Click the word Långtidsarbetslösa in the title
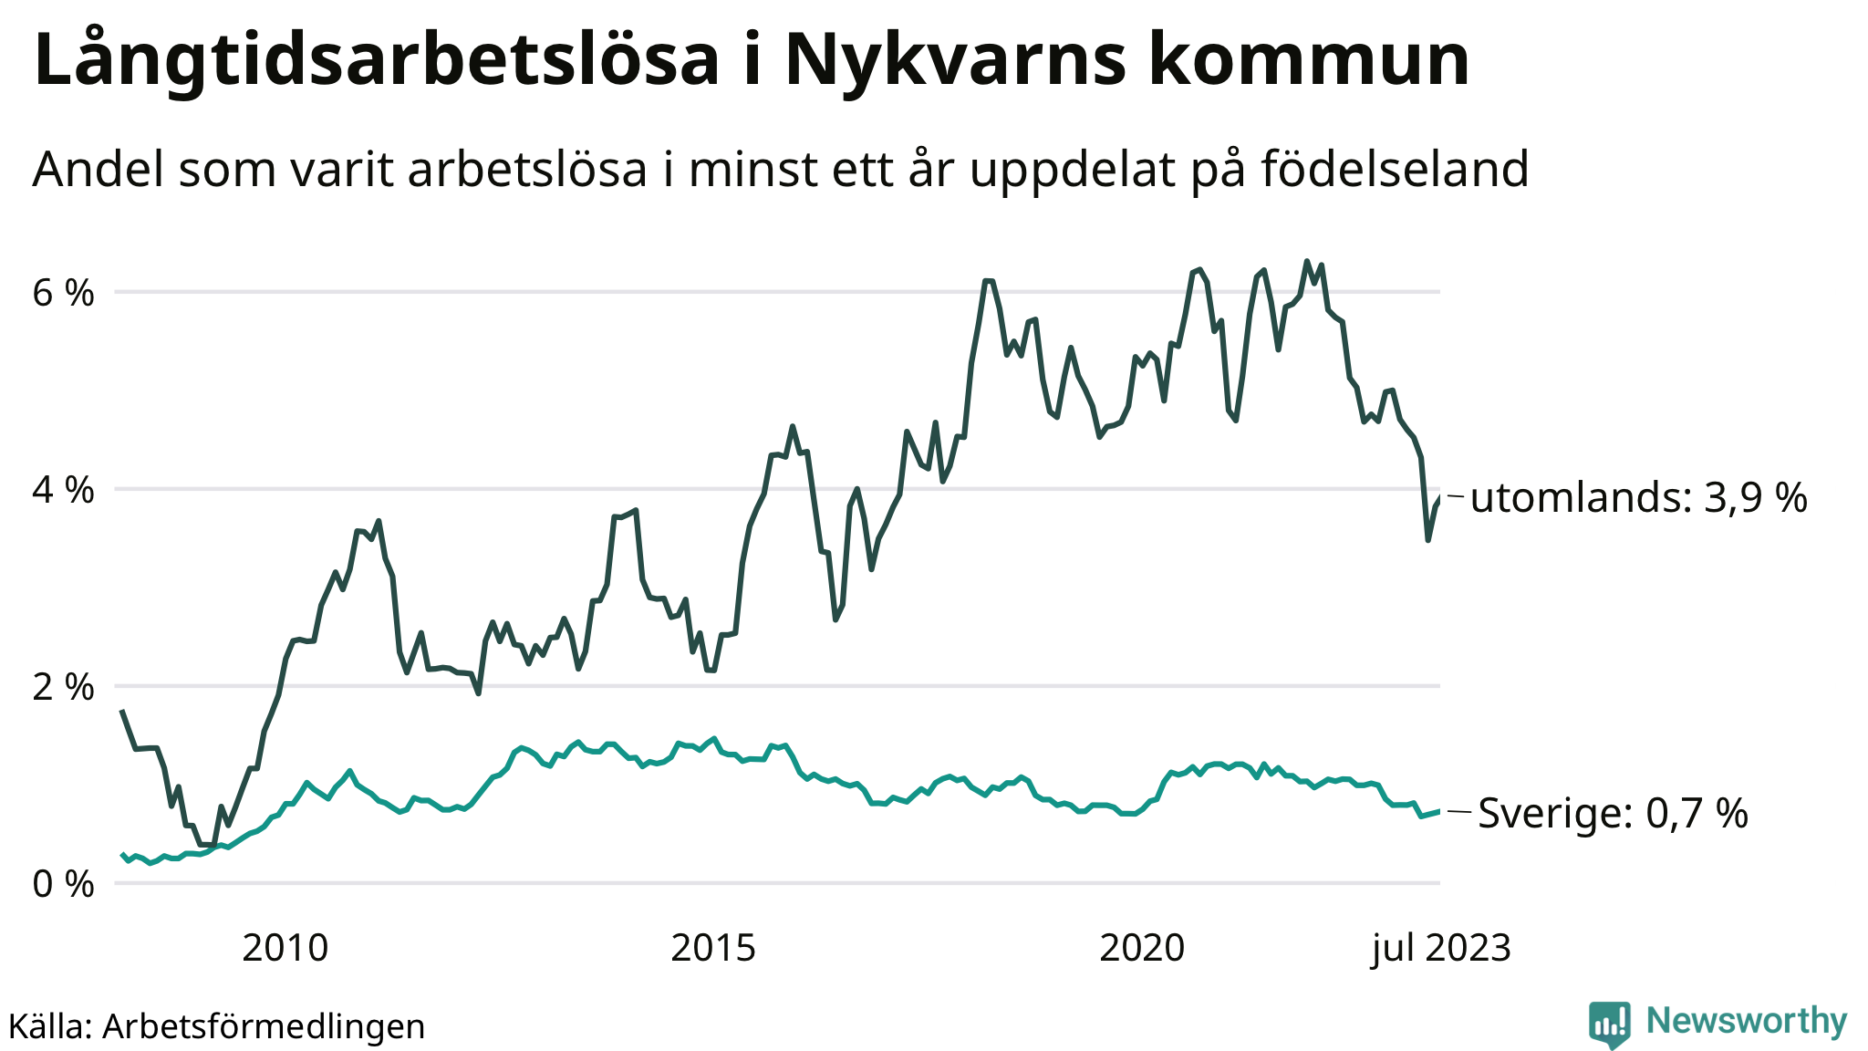pos(376,60)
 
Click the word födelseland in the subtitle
pos(1396,169)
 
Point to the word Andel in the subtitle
pos(99,169)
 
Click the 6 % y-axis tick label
pos(64,293)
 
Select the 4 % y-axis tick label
pos(64,490)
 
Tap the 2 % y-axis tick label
pos(64,687)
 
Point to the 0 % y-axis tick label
pos(64,884)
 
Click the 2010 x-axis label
pos(285,949)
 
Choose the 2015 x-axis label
pos(713,949)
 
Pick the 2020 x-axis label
pos(1142,949)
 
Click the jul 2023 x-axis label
pos(1441,949)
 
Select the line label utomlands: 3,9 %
pos(1638,498)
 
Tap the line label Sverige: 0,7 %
pos(1613,813)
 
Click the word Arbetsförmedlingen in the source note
pos(264,1026)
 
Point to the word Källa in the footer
pos(47,1026)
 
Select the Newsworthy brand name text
pos(1747,1021)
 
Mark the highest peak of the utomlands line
pos(1307,262)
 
